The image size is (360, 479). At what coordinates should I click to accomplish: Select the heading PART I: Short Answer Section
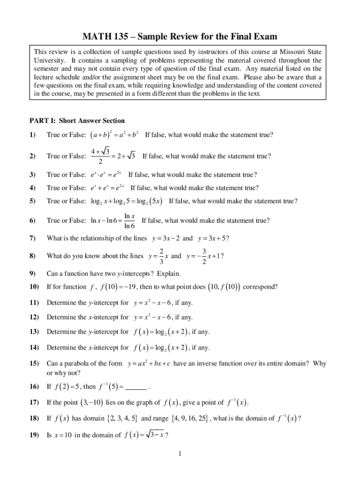click(76, 121)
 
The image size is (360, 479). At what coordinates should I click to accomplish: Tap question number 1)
click(32, 135)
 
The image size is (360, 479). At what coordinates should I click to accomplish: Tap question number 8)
click(32, 256)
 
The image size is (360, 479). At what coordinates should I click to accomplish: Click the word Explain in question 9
click(168, 274)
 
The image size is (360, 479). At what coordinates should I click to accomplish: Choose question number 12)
click(33, 318)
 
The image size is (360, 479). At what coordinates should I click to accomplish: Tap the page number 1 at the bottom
click(180, 454)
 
